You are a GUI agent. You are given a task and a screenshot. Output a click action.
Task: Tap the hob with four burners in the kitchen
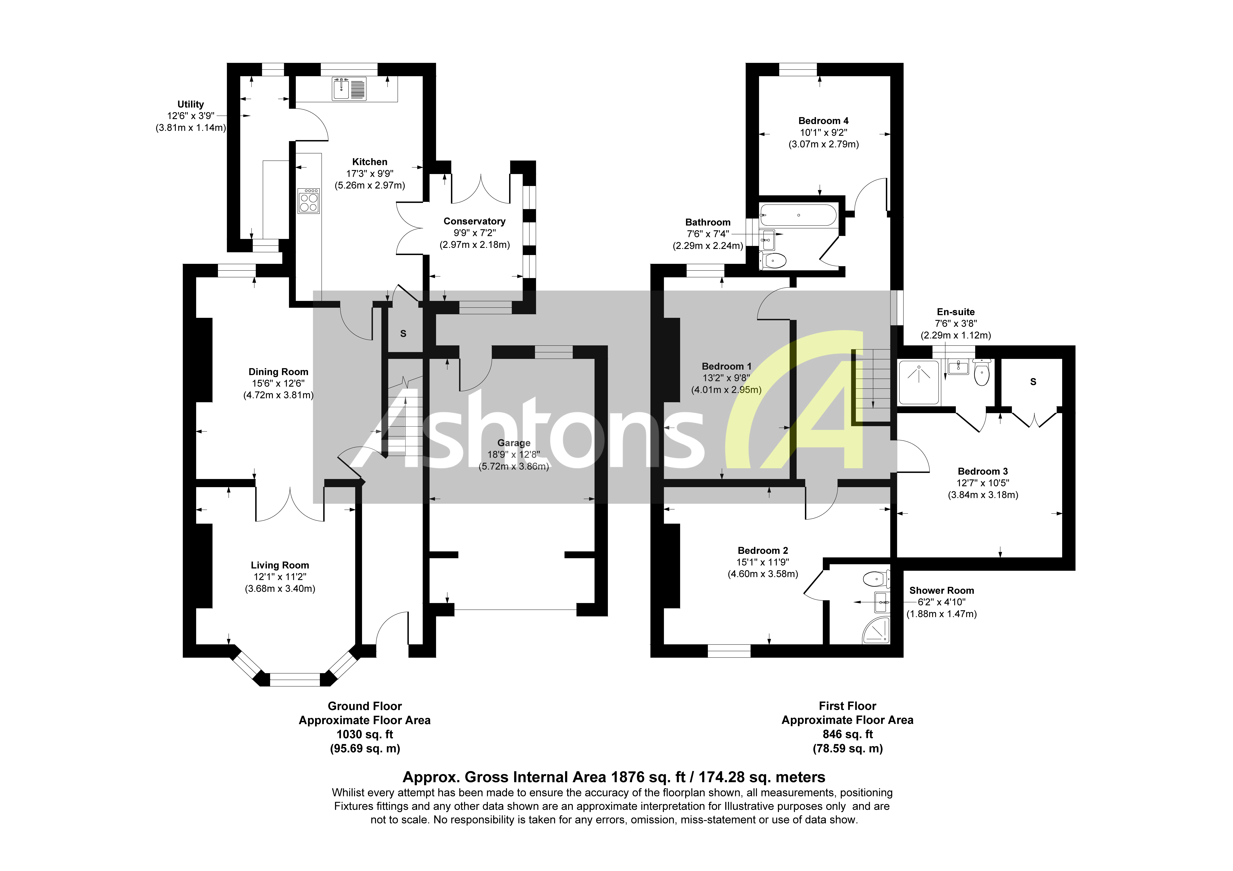click(309, 201)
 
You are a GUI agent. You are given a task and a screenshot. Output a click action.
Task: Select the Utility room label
click(191, 104)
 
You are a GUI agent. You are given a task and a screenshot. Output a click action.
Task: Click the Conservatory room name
click(474, 221)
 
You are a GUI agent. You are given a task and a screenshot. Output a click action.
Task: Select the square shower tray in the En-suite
click(919, 382)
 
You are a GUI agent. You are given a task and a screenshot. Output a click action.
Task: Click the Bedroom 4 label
click(823, 121)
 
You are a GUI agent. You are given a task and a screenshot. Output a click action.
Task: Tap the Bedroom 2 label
click(763, 550)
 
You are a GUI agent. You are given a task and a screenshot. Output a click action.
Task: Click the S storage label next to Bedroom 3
click(1033, 382)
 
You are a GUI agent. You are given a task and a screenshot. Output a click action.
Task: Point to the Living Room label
click(280, 565)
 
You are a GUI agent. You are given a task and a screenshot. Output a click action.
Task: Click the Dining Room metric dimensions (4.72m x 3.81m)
click(278, 395)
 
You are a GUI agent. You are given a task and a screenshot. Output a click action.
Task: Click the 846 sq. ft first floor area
click(847, 734)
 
